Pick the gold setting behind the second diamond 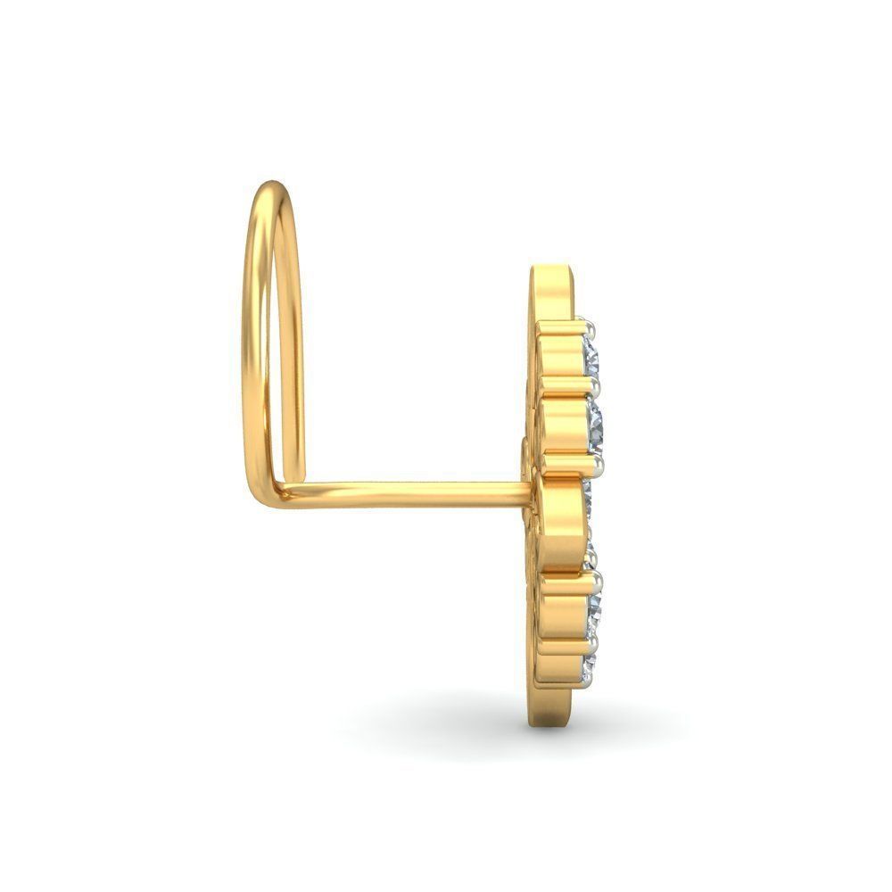(562, 425)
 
